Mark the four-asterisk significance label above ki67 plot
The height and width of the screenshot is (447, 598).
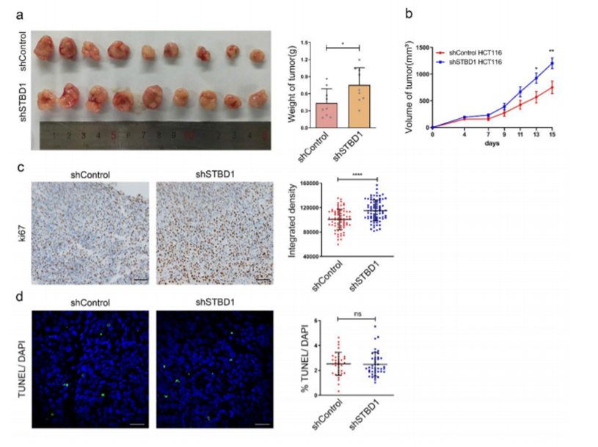[x=356, y=174]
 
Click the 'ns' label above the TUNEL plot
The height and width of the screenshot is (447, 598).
[x=357, y=313]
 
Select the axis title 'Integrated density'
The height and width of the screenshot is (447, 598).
[x=292, y=219]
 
